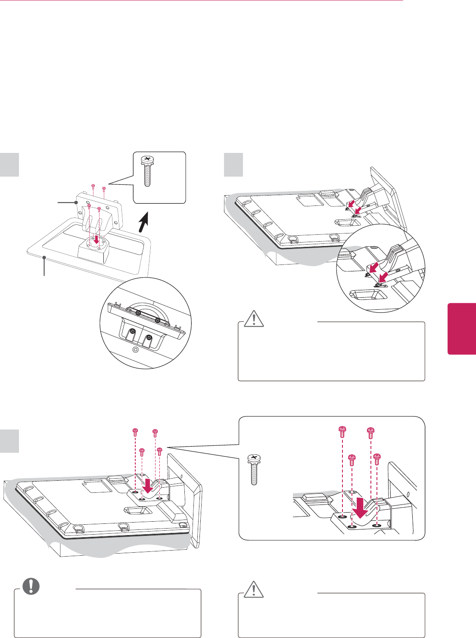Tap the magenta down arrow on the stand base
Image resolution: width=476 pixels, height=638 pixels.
pos(96,238)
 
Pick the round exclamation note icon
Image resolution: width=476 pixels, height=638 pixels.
pos(31,586)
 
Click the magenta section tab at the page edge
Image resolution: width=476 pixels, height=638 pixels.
pos(462,328)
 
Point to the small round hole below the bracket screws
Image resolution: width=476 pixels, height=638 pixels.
pos(135,349)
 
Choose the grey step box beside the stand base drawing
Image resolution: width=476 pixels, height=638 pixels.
pos(9,164)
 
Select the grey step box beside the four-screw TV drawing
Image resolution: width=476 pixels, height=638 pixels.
pos(9,440)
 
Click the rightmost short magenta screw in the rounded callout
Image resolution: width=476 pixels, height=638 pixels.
pos(377,458)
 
